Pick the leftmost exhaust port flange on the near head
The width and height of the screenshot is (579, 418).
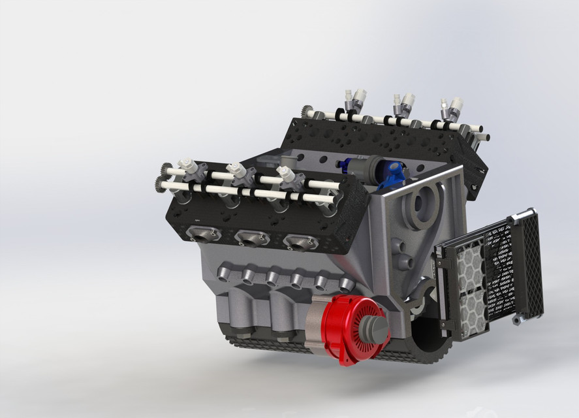click(x=200, y=233)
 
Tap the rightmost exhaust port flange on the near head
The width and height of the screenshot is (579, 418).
click(x=300, y=242)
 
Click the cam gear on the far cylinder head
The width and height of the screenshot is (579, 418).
click(x=307, y=112)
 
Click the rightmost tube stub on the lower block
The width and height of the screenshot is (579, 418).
click(x=345, y=284)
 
